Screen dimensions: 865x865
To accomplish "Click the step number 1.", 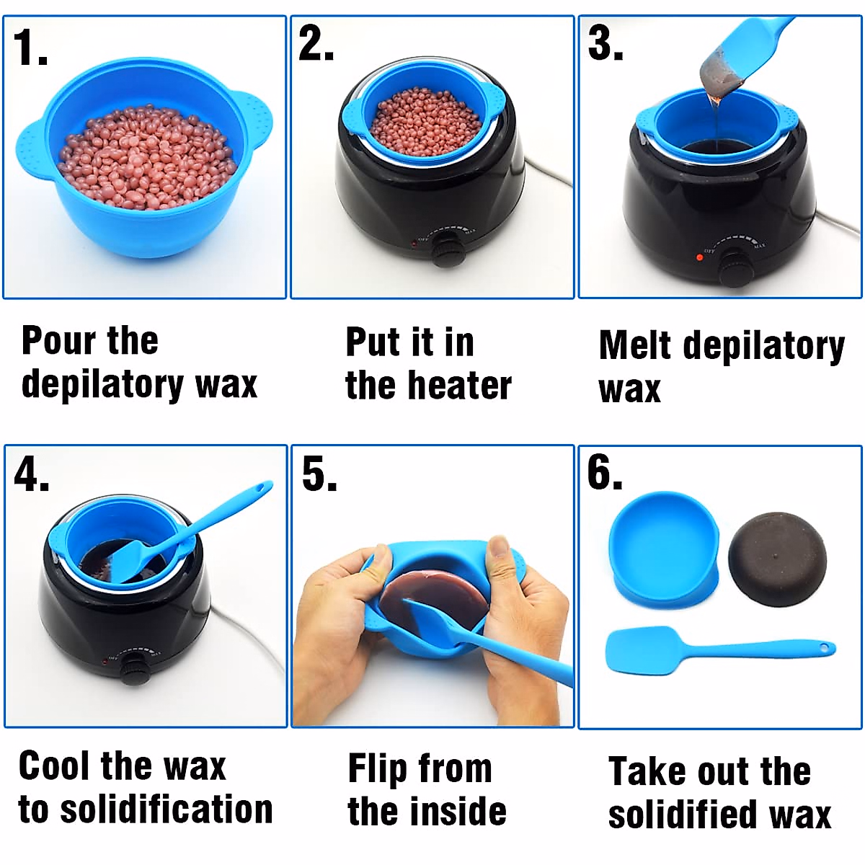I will (30, 49).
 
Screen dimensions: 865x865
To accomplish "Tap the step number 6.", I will (604, 474).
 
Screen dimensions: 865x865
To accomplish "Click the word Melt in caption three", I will (635, 345).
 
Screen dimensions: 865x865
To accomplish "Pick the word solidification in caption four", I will (167, 809).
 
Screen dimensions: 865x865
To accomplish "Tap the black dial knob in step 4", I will (133, 670).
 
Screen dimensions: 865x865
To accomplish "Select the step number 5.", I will (319, 475).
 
